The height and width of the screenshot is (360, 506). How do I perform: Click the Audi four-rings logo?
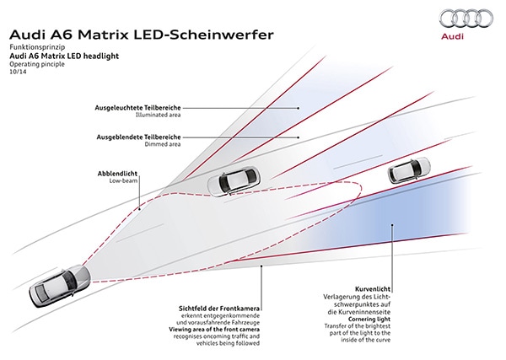pos(456,21)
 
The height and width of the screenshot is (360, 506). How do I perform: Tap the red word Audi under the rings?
pos(456,39)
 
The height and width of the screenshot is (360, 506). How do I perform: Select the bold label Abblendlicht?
pos(117,173)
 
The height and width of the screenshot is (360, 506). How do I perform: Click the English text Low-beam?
pos(123,180)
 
